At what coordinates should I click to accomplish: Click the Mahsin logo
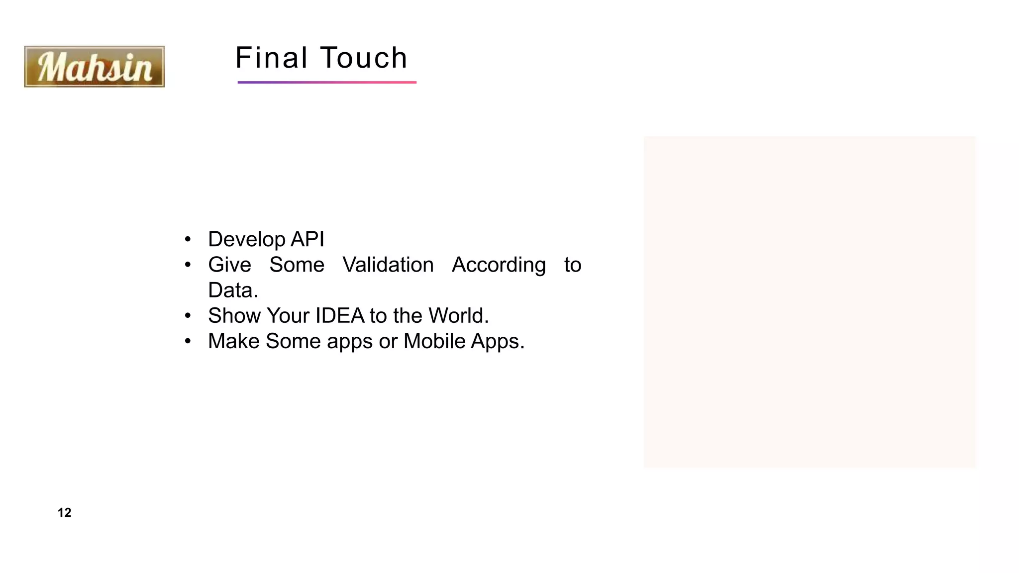pos(94,67)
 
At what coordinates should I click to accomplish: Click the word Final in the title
pos(272,58)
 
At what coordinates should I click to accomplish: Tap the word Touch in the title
pos(364,58)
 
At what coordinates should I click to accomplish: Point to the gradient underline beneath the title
pos(327,82)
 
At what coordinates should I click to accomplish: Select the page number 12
pos(64,513)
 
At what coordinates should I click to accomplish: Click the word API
pos(307,239)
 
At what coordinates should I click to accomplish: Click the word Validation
pos(388,265)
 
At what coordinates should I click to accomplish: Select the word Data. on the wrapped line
pos(233,290)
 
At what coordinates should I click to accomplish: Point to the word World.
pos(458,315)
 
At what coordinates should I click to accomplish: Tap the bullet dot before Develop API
pos(188,240)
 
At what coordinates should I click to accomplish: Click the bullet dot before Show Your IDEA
pos(188,316)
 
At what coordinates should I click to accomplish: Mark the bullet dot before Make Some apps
pos(188,341)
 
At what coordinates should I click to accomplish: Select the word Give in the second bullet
pos(229,265)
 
